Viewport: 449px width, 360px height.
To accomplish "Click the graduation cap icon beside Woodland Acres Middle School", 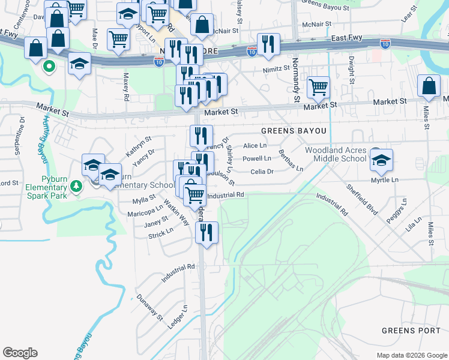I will click(x=381, y=160).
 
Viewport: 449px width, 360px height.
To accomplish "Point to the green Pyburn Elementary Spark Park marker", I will click(x=76, y=187).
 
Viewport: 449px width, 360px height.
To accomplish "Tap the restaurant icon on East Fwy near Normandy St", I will click(x=268, y=44).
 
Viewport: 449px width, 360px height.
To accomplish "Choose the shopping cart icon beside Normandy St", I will click(x=318, y=87).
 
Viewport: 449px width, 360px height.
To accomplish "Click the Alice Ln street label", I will click(x=255, y=146).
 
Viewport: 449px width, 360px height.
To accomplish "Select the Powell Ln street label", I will click(x=256, y=159).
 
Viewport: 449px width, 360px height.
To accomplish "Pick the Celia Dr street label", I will click(x=262, y=172).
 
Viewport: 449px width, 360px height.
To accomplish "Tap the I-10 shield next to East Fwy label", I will click(x=385, y=43).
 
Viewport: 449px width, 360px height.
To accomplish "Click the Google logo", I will click(x=20, y=353).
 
